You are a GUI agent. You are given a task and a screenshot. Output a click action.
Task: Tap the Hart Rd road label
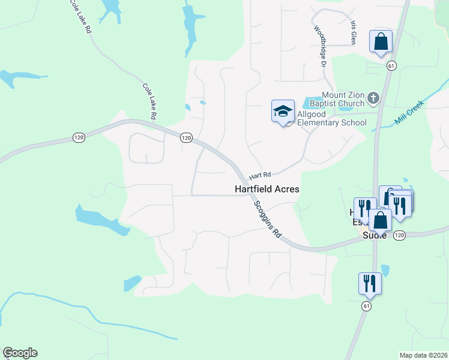pyautogui.click(x=260, y=175)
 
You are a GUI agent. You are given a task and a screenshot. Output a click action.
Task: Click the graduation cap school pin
pyautogui.click(x=283, y=112)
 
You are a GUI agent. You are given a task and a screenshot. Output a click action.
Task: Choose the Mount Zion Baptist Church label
pyautogui.click(x=343, y=99)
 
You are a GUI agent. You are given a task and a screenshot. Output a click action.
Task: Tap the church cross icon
pyautogui.click(x=373, y=97)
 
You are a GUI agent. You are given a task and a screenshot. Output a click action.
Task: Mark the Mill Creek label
pyautogui.click(x=408, y=112)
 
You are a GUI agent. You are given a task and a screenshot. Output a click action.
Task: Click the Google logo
pyautogui.click(x=20, y=353)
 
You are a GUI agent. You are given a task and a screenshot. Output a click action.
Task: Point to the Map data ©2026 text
pyautogui.click(x=423, y=355)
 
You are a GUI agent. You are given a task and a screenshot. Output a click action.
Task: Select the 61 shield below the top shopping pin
pyautogui.click(x=390, y=65)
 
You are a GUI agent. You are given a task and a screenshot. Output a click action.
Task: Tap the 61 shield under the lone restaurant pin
pyautogui.click(x=366, y=306)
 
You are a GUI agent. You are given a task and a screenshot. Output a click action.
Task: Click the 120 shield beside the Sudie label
pyautogui.click(x=400, y=236)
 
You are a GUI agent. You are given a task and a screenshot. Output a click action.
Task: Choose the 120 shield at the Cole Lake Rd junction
pyautogui.click(x=186, y=138)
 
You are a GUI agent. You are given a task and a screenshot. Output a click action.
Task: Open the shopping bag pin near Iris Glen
pyautogui.click(x=381, y=42)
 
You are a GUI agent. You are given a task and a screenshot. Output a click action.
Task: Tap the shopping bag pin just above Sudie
pyautogui.click(x=380, y=220)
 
